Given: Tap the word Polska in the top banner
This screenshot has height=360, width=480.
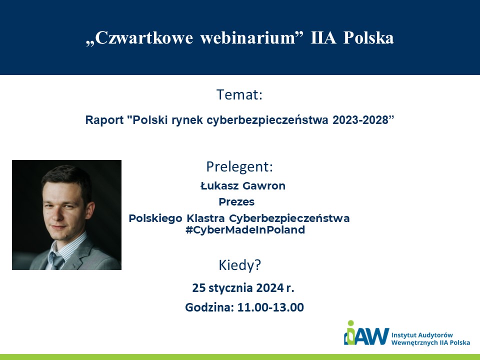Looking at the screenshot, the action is [x=368, y=38].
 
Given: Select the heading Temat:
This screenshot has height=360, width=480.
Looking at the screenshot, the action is [x=239, y=94].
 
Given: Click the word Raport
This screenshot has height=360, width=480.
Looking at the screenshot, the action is [x=104, y=120].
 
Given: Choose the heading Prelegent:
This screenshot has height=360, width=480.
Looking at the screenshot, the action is [x=239, y=167].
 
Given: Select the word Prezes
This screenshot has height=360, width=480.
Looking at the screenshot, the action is [x=236, y=202].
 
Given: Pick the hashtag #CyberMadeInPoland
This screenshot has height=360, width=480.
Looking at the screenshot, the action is [x=245, y=230].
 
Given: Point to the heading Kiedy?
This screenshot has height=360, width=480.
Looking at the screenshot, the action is [x=239, y=265].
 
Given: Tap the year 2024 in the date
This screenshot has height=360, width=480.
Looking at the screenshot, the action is [x=269, y=288].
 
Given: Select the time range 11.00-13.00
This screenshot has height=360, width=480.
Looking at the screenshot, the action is [x=270, y=307].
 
